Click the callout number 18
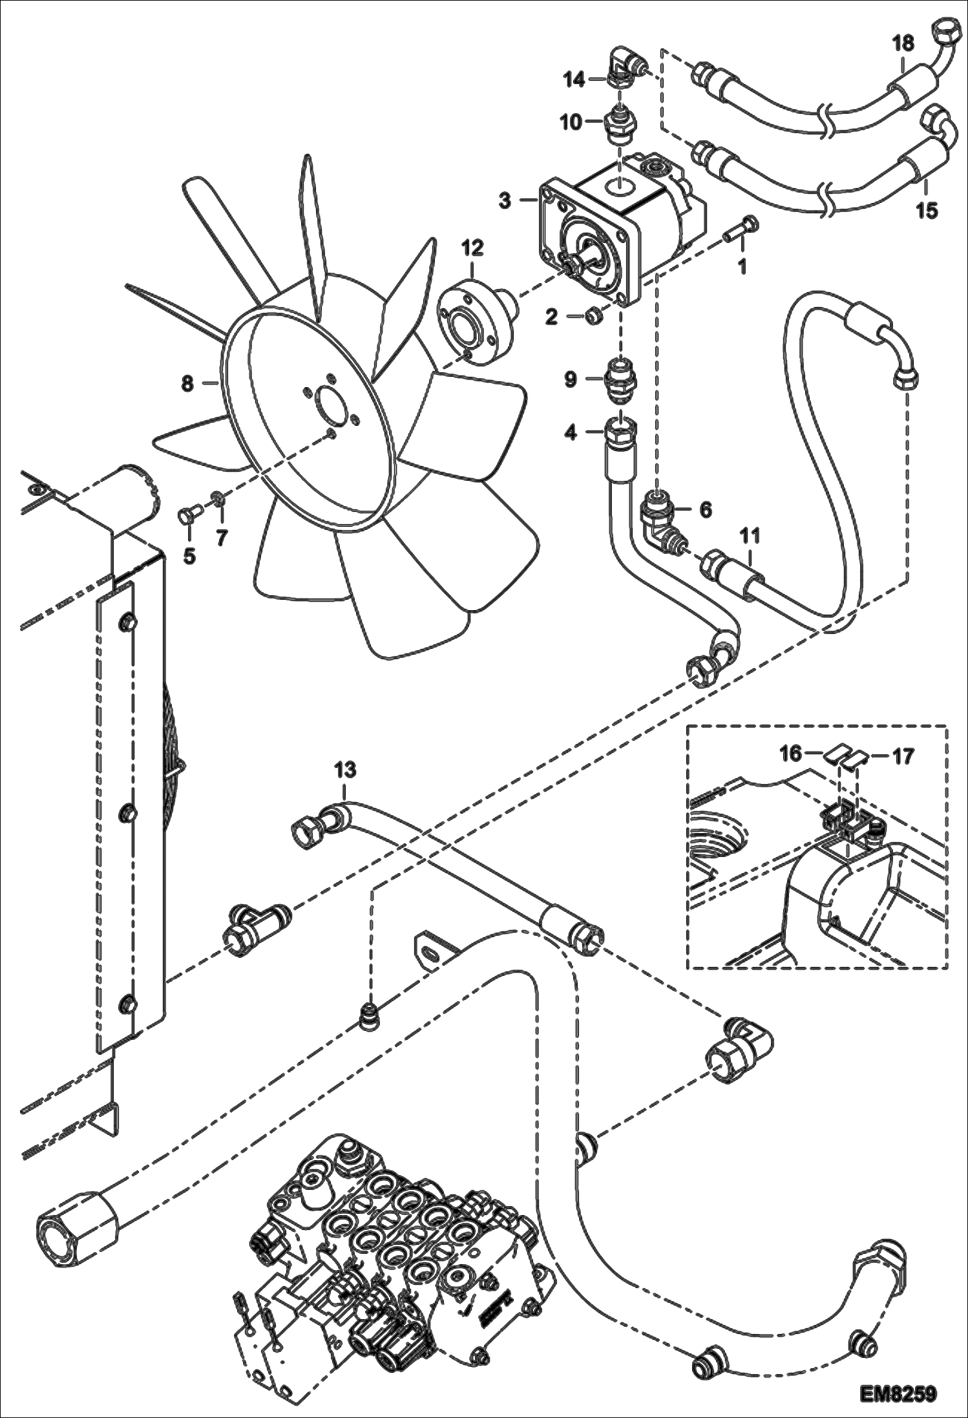click(903, 44)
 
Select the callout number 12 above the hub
click(472, 248)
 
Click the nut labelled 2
click(595, 315)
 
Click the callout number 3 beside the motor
click(505, 200)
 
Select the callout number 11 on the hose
click(750, 536)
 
